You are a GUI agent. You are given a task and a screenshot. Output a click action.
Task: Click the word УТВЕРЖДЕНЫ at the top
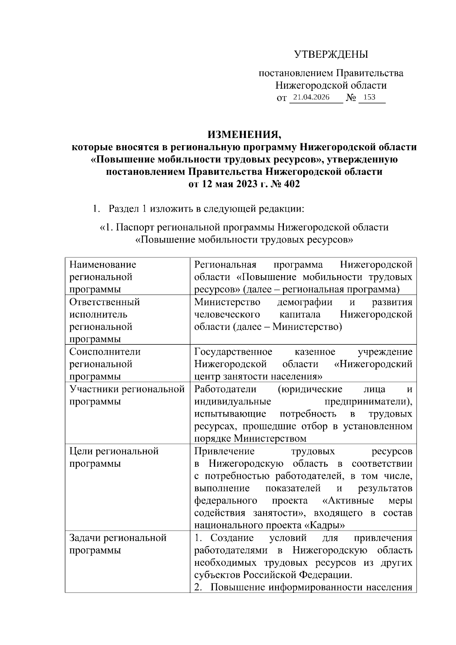point(331,55)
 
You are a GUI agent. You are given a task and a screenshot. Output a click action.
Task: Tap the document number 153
point(369,97)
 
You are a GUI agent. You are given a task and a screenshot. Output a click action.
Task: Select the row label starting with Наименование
point(103,265)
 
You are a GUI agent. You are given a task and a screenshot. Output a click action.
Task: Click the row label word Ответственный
point(104,302)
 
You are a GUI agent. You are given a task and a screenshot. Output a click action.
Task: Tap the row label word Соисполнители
point(105,352)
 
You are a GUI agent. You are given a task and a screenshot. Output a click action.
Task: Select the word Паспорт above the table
point(135,228)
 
